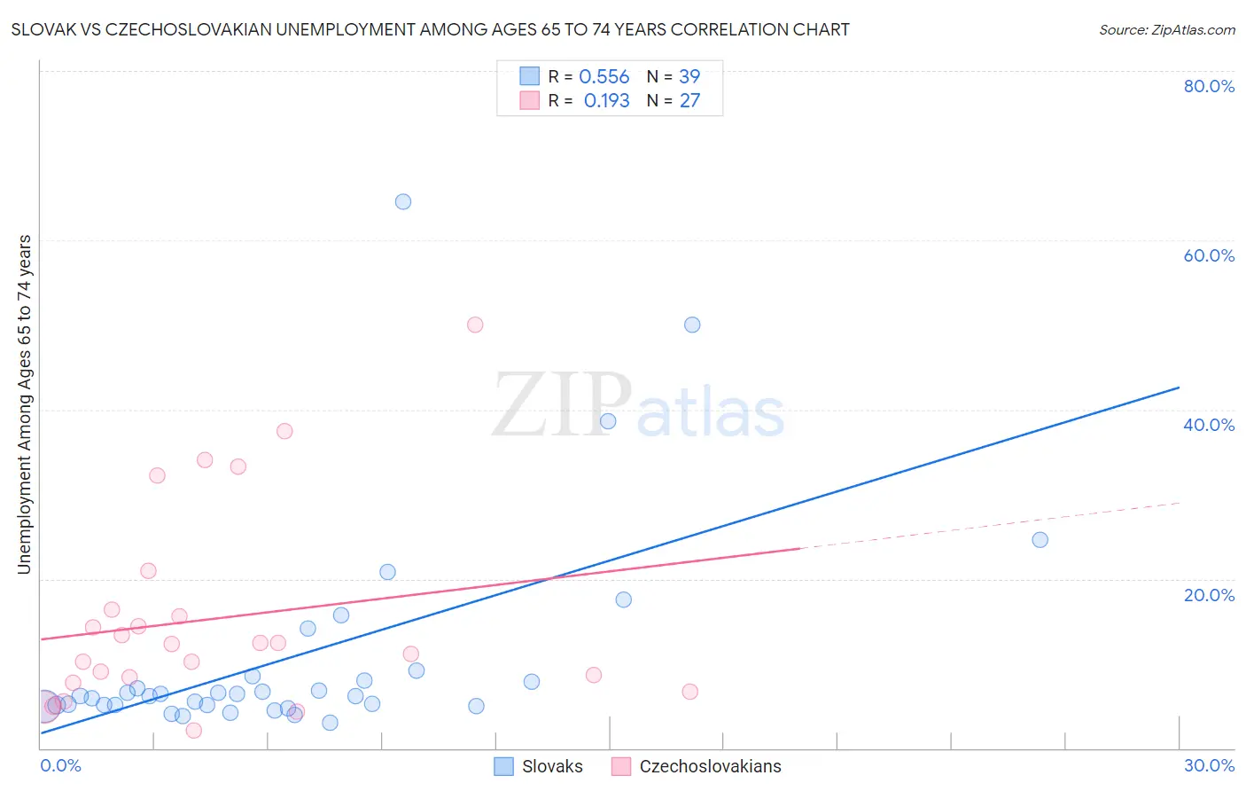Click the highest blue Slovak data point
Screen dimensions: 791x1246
[403, 201]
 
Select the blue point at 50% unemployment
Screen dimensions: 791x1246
[692, 325]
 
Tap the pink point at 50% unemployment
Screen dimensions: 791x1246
[475, 325]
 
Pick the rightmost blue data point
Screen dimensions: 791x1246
[1040, 540]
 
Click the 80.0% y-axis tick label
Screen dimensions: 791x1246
[1209, 86]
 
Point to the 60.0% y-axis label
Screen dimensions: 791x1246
[1209, 255]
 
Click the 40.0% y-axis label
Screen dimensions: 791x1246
[1209, 425]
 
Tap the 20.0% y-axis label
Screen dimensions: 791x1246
[1209, 595]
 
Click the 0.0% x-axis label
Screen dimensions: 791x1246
[60, 765]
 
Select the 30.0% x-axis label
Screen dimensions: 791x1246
[1209, 765]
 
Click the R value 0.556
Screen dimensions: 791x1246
[604, 77]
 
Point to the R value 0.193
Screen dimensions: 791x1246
[606, 101]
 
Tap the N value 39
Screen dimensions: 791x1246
[689, 77]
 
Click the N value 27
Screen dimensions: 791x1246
[689, 101]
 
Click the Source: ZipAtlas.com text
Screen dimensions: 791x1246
[1166, 30]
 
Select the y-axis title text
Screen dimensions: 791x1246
[25, 404]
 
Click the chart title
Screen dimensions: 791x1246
[431, 30]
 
